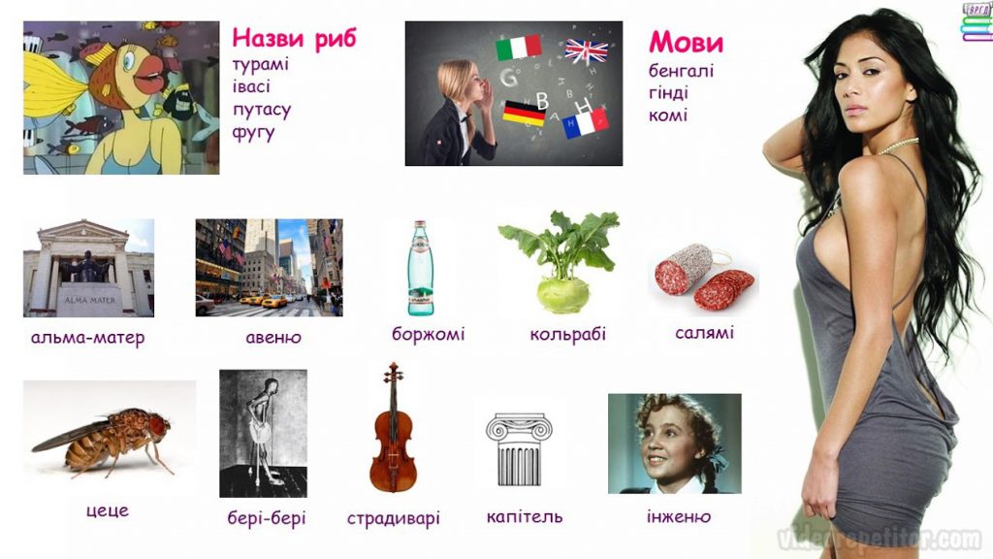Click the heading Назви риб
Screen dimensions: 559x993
294,39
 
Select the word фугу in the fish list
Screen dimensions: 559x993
253,132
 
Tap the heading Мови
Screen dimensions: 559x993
686,43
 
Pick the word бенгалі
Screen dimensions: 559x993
681,71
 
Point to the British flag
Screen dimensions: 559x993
586,50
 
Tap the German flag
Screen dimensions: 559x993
523,114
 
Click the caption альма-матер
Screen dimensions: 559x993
87,339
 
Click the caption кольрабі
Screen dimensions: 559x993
567,335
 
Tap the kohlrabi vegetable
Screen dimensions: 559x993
561,262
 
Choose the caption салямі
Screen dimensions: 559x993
704,333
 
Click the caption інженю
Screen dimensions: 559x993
678,516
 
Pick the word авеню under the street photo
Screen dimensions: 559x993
273,339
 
